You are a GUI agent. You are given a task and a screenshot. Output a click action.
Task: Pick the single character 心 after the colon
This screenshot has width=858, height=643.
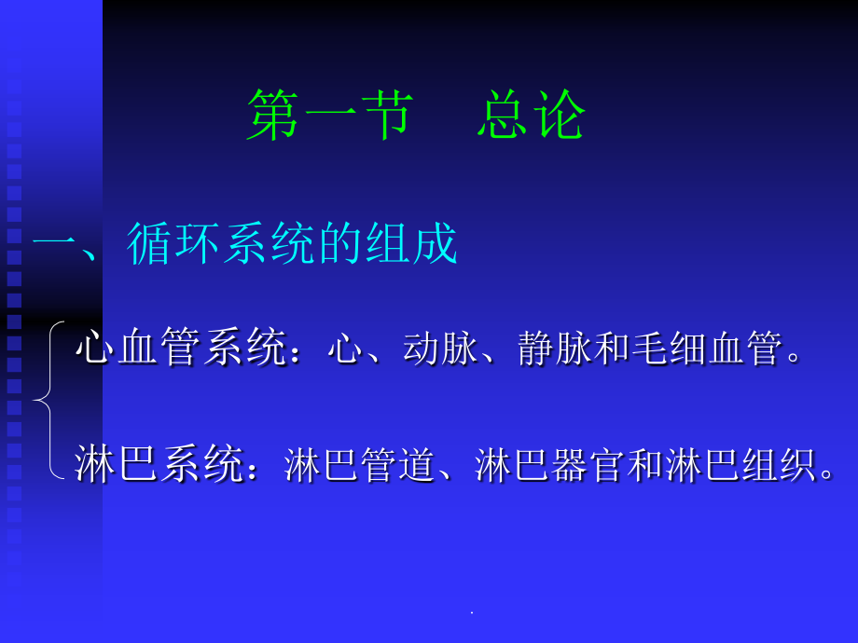344,350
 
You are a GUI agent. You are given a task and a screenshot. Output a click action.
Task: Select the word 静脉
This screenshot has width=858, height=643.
556,350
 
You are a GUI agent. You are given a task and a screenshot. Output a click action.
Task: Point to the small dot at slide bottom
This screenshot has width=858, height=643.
471,612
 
